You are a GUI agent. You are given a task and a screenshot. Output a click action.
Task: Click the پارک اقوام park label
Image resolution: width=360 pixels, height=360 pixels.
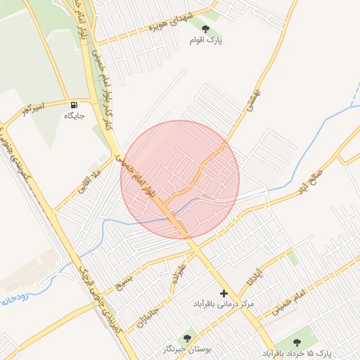(x=205, y=41)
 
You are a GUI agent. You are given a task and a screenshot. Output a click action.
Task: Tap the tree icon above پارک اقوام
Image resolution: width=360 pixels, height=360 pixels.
(x=205, y=29)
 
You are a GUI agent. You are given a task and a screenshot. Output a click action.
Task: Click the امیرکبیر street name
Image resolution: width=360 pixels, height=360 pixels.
(x=32, y=108)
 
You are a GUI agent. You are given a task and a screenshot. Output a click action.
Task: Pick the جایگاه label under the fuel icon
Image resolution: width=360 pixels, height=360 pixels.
(x=74, y=116)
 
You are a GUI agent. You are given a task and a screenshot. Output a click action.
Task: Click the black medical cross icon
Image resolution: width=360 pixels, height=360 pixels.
(x=224, y=292)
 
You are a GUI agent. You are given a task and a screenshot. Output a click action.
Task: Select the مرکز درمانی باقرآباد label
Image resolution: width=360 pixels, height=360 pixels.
(x=224, y=304)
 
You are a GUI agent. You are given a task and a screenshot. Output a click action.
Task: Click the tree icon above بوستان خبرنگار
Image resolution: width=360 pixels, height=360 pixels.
(x=187, y=337)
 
